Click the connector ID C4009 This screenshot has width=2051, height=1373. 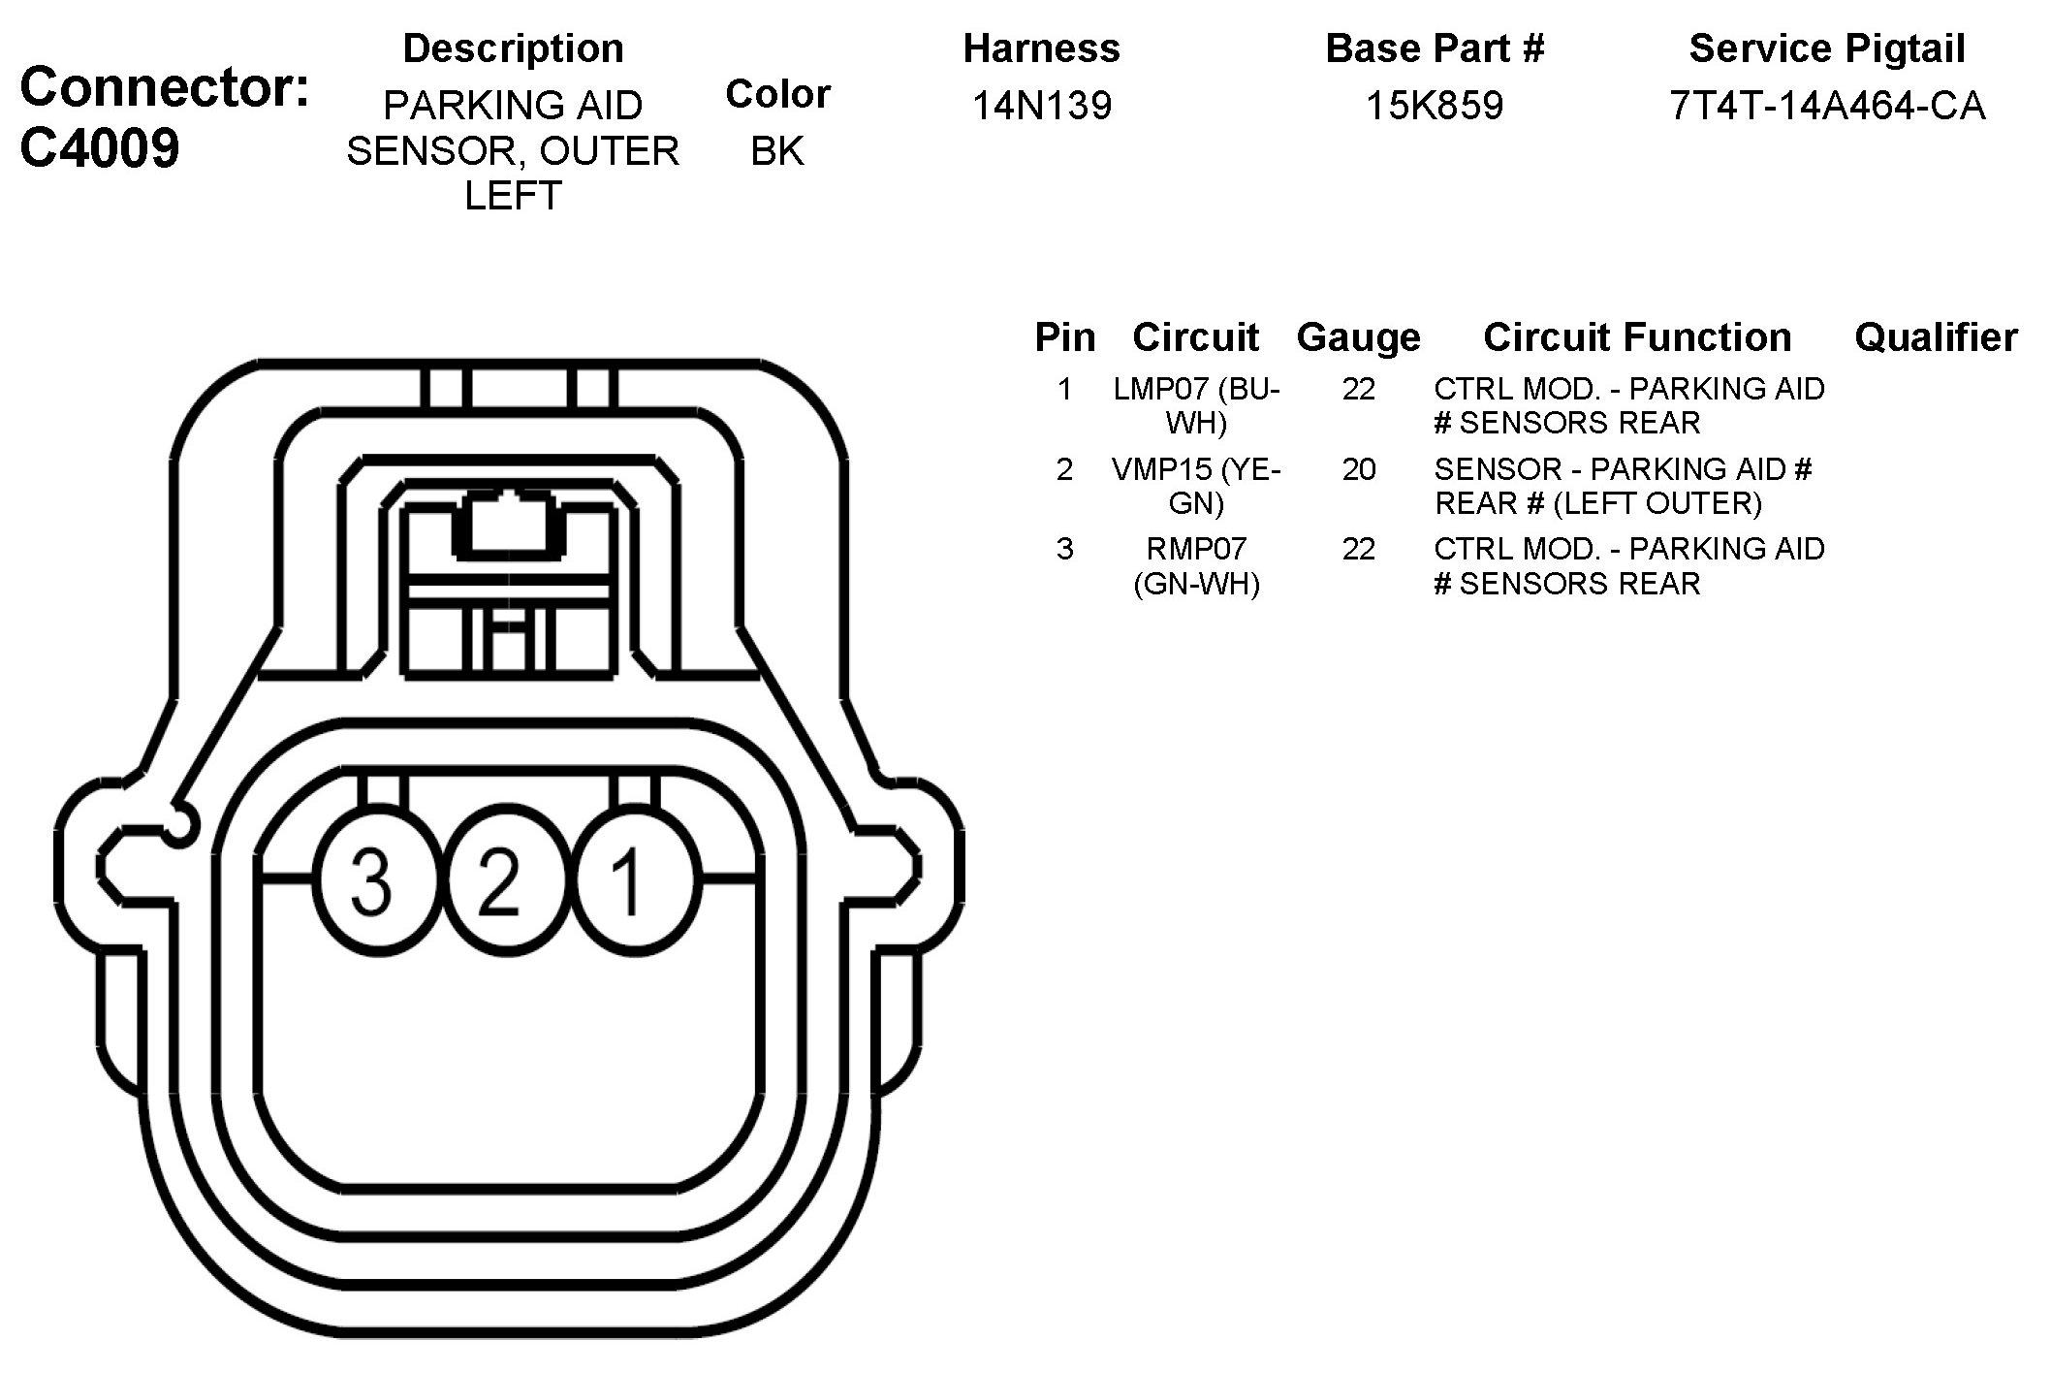coord(100,148)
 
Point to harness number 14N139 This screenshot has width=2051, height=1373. coord(1042,105)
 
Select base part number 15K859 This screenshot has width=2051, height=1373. coord(1435,105)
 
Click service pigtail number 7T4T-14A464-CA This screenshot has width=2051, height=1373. coord(1827,105)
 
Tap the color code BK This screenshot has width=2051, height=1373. coord(777,150)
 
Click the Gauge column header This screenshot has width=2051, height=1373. coord(1358,337)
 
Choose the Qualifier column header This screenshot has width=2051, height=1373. coord(1936,337)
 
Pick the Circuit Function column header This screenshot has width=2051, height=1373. coord(1637,337)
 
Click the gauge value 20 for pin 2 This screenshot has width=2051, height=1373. coord(1359,469)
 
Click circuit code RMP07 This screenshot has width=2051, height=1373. coord(1196,549)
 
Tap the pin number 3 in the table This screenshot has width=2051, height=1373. coord(1064,549)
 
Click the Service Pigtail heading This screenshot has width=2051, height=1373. coord(1827,48)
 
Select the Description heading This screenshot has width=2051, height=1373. coord(513,48)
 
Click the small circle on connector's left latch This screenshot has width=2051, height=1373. coord(180,824)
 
